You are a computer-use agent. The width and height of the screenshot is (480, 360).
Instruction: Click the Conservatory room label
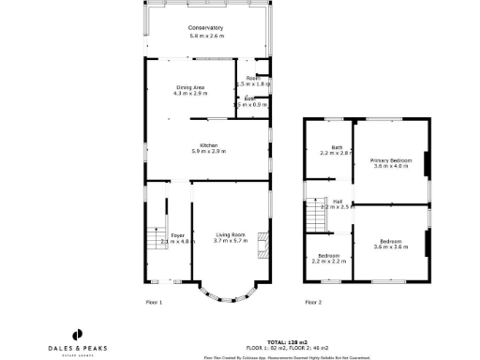[x=207, y=28]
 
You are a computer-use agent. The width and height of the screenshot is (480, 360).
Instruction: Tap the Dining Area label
[x=190, y=87]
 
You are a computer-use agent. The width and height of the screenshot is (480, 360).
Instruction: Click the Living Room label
[x=230, y=234]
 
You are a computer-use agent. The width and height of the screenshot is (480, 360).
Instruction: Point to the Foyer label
[x=176, y=234]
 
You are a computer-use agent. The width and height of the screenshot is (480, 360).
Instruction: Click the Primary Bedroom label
[x=391, y=160]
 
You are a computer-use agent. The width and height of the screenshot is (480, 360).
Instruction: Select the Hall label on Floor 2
[x=337, y=200]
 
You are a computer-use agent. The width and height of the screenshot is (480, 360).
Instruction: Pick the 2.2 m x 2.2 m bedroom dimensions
[x=327, y=260]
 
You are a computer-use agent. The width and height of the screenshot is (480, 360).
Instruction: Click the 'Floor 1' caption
[x=155, y=302]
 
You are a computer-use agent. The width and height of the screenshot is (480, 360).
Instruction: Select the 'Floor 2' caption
[x=313, y=302]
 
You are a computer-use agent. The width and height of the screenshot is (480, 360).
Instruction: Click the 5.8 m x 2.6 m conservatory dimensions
[x=207, y=36]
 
